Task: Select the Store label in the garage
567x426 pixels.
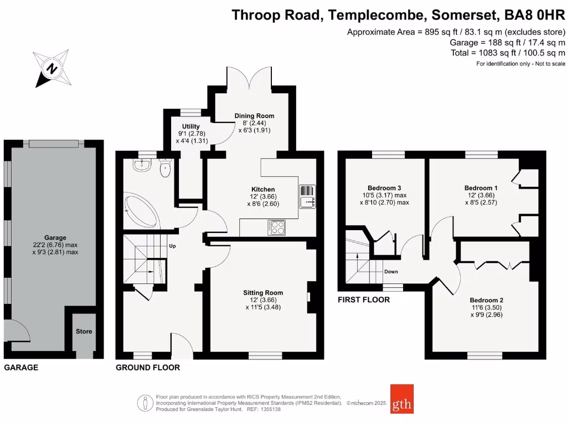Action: (x=84, y=332)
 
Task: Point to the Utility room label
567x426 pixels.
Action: (x=187, y=127)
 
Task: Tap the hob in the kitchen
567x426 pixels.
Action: (x=276, y=227)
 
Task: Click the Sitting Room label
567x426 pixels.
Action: (x=263, y=293)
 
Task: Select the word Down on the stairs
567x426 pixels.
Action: (x=391, y=272)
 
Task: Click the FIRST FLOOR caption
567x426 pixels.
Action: (x=364, y=300)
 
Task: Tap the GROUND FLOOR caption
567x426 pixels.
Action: (x=148, y=367)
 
